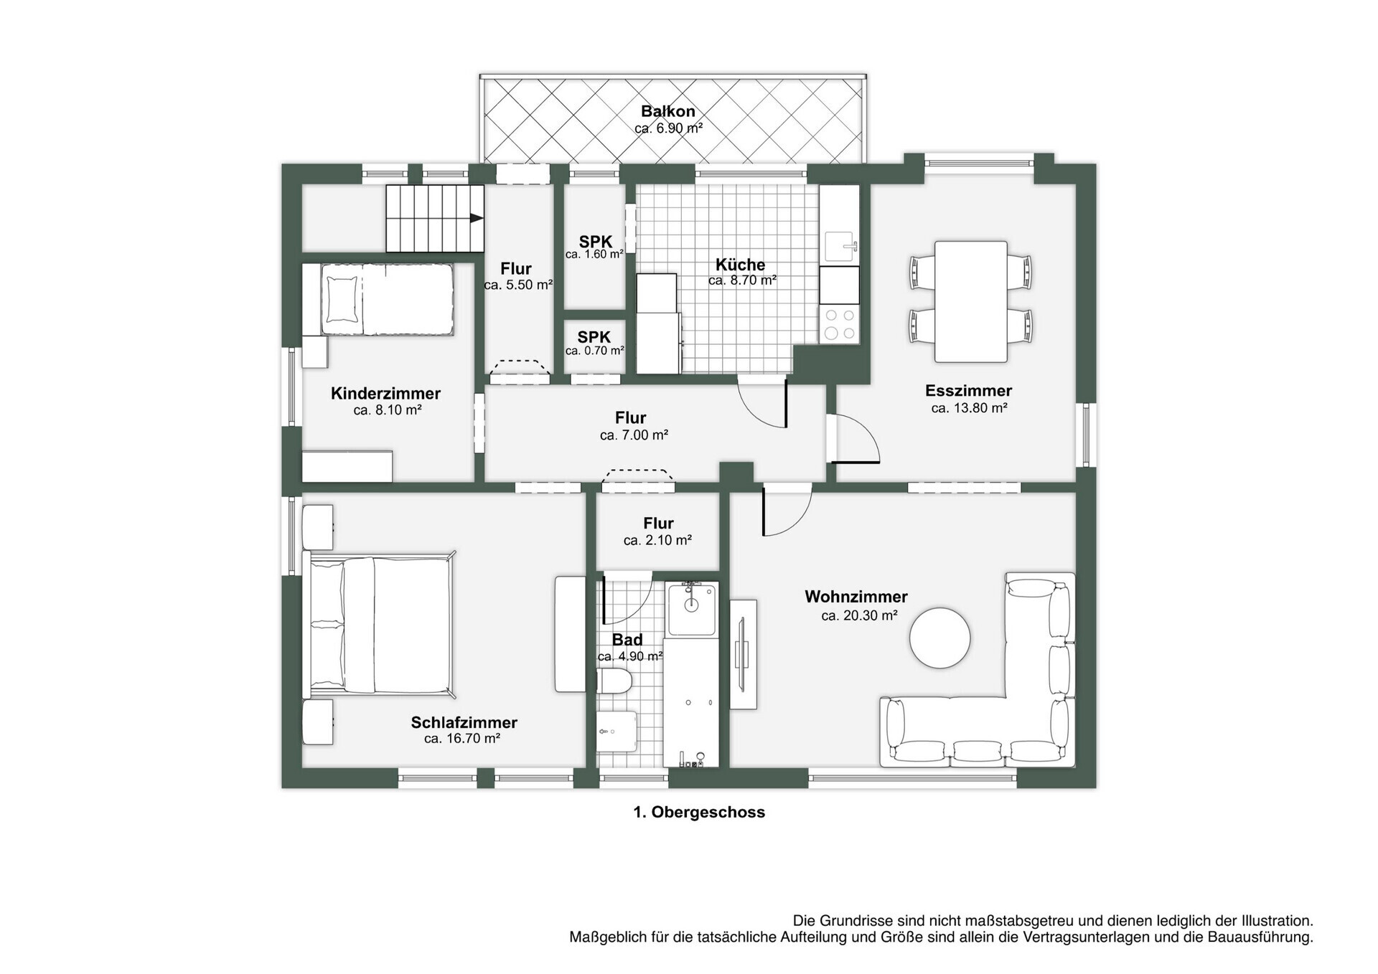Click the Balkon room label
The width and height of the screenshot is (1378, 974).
click(x=668, y=111)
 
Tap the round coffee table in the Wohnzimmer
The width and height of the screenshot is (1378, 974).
click(x=940, y=638)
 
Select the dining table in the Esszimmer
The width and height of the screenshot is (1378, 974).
click(x=971, y=301)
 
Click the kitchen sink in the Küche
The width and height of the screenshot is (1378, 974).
click(x=840, y=246)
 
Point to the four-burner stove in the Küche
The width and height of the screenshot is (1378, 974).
click(x=840, y=324)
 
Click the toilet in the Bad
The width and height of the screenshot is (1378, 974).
click(x=614, y=681)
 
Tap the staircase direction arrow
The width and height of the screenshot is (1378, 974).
click(x=476, y=218)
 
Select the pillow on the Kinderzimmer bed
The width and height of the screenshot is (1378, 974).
click(x=342, y=300)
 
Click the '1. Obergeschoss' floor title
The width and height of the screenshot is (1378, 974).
click(x=699, y=812)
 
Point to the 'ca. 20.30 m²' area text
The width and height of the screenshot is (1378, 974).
click(x=859, y=615)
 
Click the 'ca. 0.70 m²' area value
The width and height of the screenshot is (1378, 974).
click(x=594, y=351)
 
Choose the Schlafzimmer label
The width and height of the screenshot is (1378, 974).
click(x=464, y=722)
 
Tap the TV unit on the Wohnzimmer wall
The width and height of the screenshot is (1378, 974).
click(x=744, y=654)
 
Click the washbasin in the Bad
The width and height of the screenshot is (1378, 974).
click(x=691, y=608)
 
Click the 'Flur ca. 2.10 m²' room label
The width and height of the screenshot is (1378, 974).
click(x=657, y=531)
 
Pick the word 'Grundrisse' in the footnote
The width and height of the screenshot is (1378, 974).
click(x=856, y=920)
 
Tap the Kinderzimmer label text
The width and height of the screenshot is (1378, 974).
click(x=385, y=393)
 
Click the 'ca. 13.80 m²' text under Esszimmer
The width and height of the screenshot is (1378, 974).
click(x=969, y=408)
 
